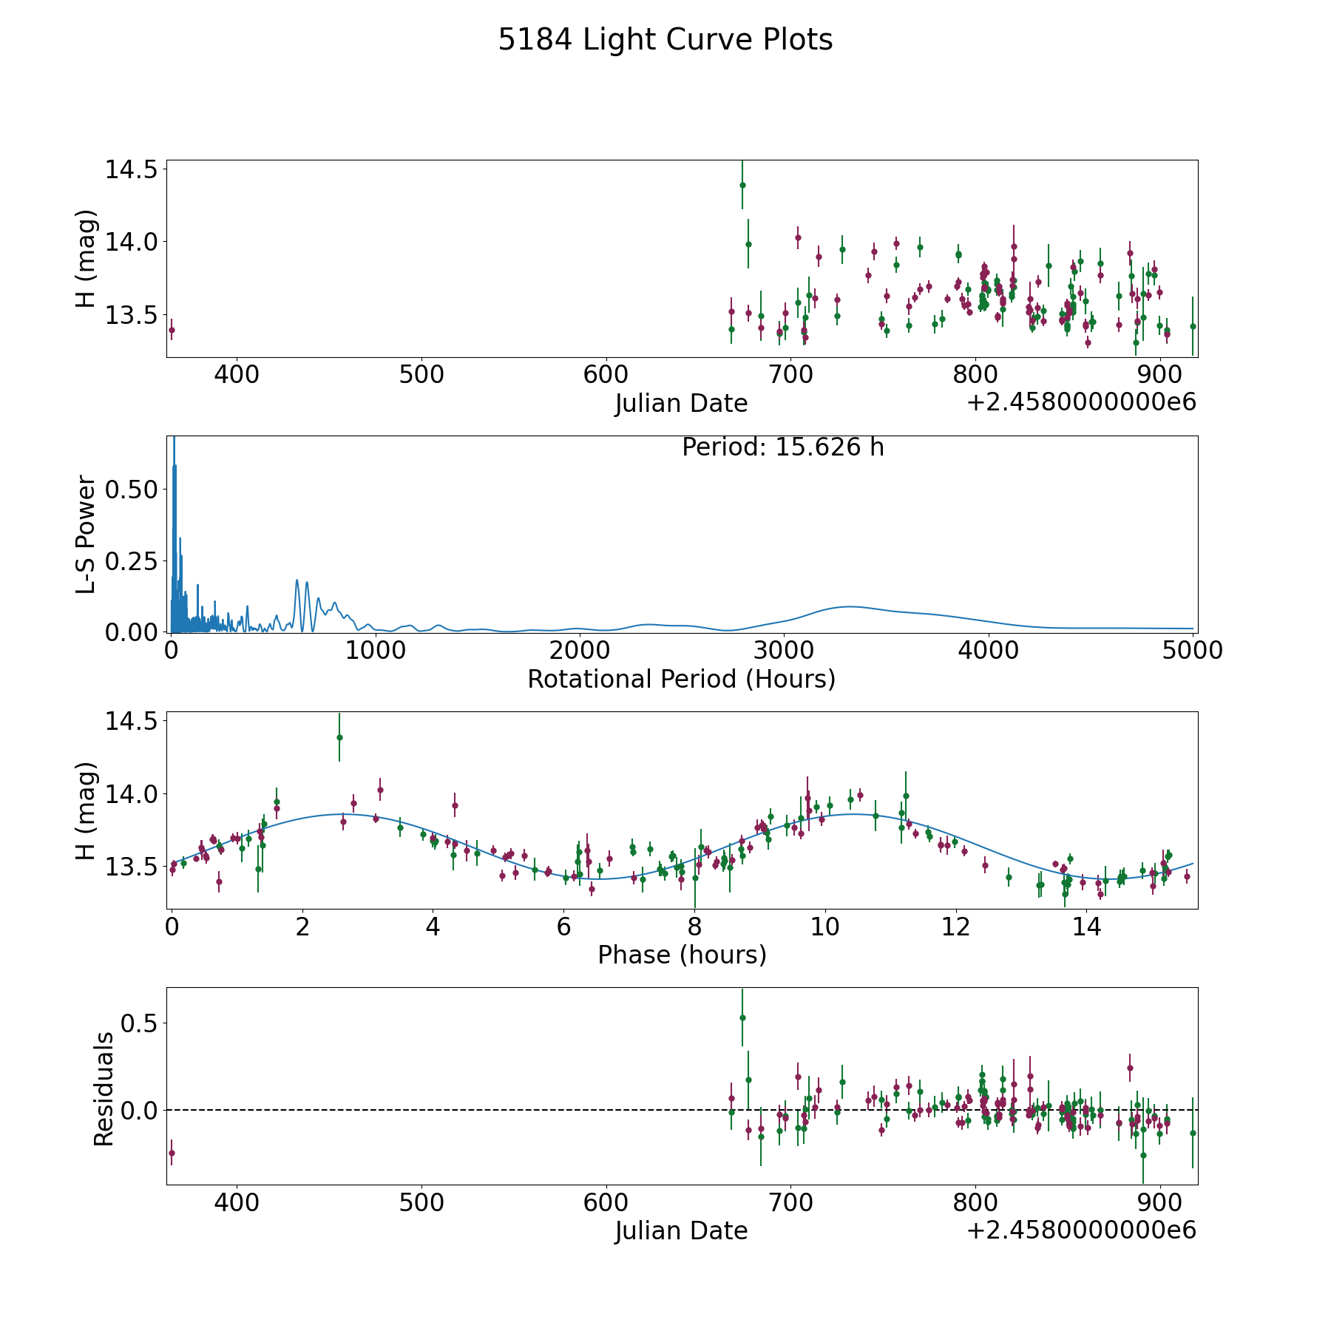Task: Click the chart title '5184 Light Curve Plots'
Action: [665, 40]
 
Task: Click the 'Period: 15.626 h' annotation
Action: [782, 447]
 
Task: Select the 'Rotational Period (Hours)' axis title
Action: [681, 679]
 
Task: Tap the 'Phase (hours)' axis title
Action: [681, 955]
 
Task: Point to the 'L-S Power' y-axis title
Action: [87, 534]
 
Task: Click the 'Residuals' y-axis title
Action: [104, 1088]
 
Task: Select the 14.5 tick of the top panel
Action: [131, 169]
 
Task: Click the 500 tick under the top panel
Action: [421, 375]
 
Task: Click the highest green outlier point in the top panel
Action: [742, 185]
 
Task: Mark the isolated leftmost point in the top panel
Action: [172, 331]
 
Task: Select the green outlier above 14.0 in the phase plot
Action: [339, 737]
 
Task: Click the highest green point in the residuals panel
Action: [742, 1017]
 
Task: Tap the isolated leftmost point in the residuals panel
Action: [172, 1153]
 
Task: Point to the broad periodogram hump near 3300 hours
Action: [850, 606]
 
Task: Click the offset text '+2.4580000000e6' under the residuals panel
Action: [1081, 1230]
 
